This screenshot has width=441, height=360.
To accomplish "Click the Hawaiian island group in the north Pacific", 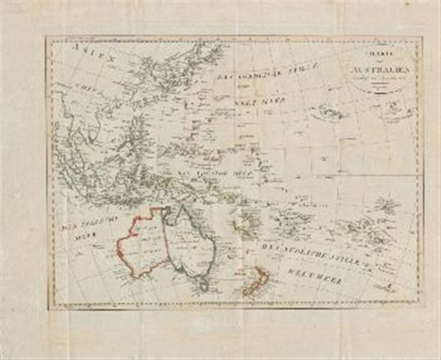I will [x=329, y=111].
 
